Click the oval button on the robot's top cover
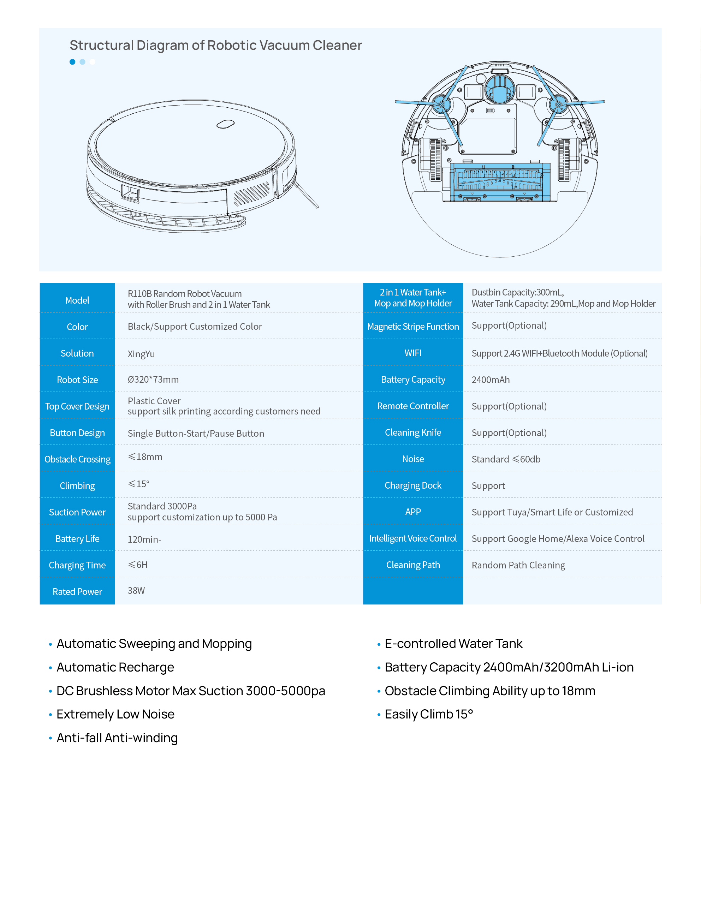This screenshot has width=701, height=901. click(226, 124)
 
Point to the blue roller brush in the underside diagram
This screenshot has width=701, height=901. click(500, 182)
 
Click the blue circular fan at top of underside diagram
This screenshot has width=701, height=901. click(500, 90)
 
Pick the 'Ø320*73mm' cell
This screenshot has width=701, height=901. click(153, 380)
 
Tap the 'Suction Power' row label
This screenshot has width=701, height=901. click(77, 512)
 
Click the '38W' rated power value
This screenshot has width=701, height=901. click(136, 590)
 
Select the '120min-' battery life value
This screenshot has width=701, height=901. click(144, 539)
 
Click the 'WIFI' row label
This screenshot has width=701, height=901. click(413, 353)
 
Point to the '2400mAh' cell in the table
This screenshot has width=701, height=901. click(491, 380)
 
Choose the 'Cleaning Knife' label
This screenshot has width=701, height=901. click(413, 432)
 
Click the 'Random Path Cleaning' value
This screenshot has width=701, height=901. click(518, 565)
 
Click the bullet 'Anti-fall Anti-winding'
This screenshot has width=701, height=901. click(117, 738)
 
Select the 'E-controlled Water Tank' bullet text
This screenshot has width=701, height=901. click(453, 644)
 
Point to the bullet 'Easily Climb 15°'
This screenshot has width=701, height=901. click(429, 714)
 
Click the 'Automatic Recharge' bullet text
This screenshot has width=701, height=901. click(115, 667)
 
